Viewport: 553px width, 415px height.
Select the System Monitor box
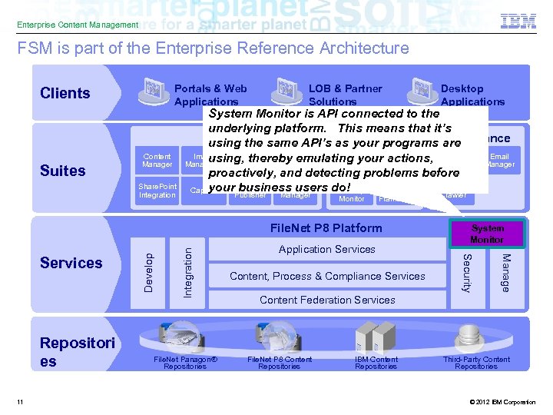pos(487,234)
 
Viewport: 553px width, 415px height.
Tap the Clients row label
pos(65,93)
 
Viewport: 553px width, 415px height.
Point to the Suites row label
pos(63,170)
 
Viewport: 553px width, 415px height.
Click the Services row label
pos(71,263)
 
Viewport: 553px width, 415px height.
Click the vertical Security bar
pos(466,273)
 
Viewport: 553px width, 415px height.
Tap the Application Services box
pos(327,249)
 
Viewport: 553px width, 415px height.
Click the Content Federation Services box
pos(327,300)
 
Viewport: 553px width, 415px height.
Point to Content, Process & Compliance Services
pos(327,276)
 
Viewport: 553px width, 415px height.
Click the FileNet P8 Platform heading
pos(326,227)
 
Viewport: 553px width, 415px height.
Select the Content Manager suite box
pos(157,160)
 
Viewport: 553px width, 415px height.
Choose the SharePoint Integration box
pos(157,191)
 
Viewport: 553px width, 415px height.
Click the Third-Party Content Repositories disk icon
pos(468,337)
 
